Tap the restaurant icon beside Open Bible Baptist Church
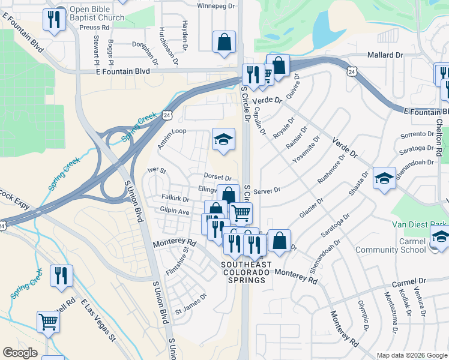coord(55,20)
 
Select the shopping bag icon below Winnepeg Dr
coord(224,43)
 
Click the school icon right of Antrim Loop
coord(223,140)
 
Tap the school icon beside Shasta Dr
coord(384,178)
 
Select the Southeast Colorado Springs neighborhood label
coord(247,272)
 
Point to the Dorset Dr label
coord(217,178)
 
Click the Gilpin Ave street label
coord(175,212)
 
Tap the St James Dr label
coord(190,312)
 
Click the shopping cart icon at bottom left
coord(49,322)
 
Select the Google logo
coord(20,353)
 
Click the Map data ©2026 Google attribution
coord(411,355)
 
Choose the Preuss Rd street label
coord(97,28)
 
